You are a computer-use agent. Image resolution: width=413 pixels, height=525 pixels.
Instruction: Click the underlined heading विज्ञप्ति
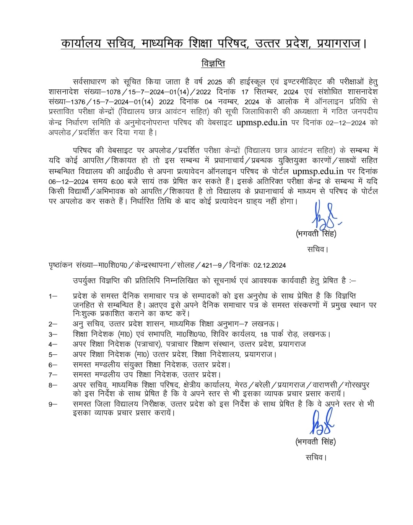213,63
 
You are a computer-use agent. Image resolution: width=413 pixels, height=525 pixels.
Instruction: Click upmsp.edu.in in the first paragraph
262,122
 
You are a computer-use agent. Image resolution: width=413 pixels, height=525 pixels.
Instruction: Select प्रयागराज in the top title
339,44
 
